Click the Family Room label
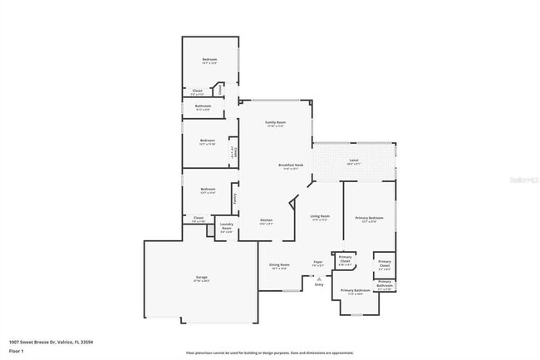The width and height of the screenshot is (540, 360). pos(275,122)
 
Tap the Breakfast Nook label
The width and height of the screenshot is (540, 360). pos(291,165)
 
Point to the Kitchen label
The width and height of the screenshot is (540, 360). pos(266,220)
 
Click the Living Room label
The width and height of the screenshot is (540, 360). pos(321,217)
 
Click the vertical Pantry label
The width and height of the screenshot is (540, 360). pos(235,199)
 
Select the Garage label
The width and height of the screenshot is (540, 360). pos(202,277)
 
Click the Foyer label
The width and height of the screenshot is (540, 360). pos(317,262)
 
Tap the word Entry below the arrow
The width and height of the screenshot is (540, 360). pos(318,284)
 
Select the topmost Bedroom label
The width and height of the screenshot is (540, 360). pos(210,60)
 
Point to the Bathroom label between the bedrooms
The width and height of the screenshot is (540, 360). pos(204,106)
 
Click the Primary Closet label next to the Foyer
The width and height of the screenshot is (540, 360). pos(346,259)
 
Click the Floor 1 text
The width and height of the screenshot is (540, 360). pos(17,351)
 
